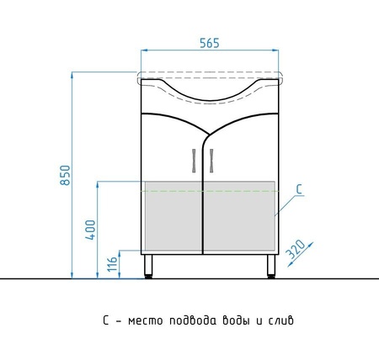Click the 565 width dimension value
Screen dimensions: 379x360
click(x=210, y=43)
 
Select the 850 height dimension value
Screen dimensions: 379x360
click(x=66, y=175)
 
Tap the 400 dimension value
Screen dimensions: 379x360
click(x=90, y=230)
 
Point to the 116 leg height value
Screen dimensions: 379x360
click(x=112, y=264)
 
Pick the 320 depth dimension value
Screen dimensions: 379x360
click(x=295, y=249)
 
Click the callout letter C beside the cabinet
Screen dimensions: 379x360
click(x=300, y=189)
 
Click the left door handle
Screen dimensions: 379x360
click(x=194, y=161)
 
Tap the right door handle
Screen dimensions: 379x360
click(x=211, y=161)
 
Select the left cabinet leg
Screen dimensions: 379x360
click(x=148, y=267)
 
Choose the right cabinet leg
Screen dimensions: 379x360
click(x=271, y=267)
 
